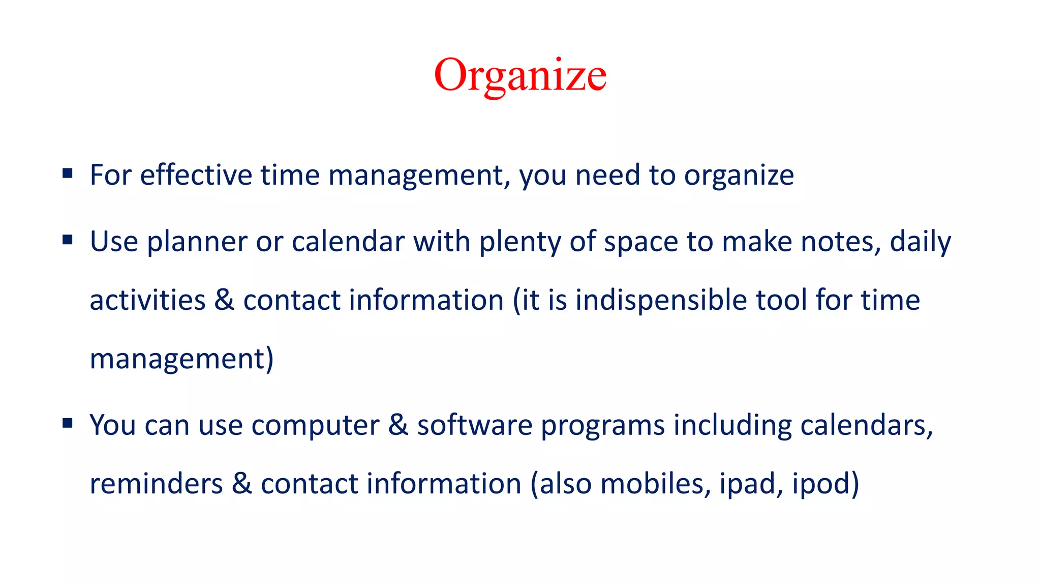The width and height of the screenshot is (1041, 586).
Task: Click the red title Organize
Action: [x=520, y=75]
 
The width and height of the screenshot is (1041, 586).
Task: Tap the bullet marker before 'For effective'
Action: [x=68, y=174]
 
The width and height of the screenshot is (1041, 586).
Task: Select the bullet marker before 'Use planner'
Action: [x=68, y=240]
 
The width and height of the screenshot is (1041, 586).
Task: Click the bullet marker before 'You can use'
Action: [x=68, y=423]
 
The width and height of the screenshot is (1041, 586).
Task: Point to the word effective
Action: [x=196, y=175]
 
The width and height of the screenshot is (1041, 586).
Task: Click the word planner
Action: [x=197, y=242]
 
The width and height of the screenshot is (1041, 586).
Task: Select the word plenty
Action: [x=519, y=242]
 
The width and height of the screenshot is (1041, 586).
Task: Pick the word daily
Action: [x=920, y=242]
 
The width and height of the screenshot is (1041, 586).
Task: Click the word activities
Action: [x=147, y=300]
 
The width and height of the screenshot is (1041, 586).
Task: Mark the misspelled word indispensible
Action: [x=661, y=300]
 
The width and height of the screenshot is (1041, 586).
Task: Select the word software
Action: [x=474, y=425]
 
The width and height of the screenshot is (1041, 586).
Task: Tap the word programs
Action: [x=602, y=426]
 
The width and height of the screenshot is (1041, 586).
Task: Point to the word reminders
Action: [x=156, y=484]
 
